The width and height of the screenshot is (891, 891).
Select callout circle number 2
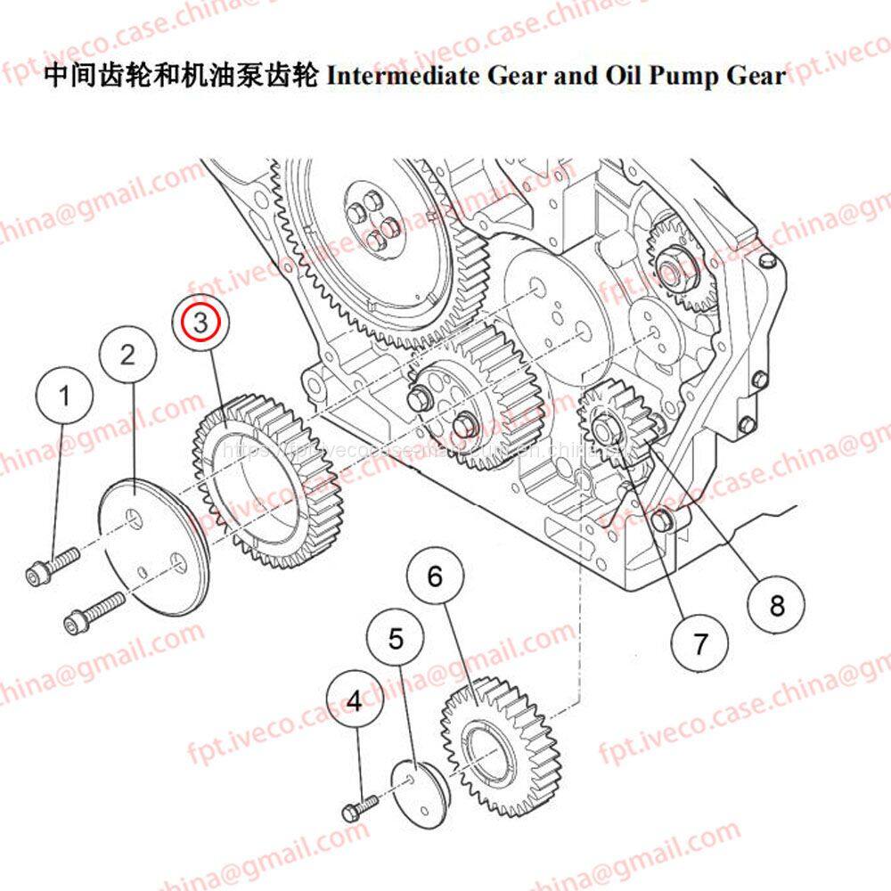127,355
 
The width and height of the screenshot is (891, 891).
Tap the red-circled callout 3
201,322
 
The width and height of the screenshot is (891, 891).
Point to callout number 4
355,701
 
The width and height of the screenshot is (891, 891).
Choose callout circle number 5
396,638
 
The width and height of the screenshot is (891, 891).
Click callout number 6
435,576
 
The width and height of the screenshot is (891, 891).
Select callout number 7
700,642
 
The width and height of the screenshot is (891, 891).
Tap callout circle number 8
777,606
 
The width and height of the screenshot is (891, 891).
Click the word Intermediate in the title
404,75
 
